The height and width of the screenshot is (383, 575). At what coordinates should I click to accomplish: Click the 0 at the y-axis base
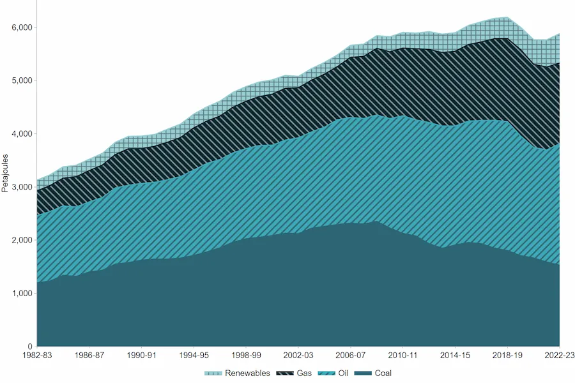tap(29, 347)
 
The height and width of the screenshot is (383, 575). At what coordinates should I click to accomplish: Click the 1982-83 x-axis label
tap(37, 355)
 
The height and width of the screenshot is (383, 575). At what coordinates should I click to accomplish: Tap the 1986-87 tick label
tap(89, 355)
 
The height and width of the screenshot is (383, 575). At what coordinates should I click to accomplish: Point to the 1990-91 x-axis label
tap(142, 355)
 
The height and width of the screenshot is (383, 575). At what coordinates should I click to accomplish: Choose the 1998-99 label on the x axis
tap(246, 355)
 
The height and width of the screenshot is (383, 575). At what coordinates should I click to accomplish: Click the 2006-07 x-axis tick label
tap(351, 355)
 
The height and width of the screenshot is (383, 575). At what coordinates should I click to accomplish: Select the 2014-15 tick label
tap(455, 355)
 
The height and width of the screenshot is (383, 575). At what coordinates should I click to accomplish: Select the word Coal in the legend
tap(383, 373)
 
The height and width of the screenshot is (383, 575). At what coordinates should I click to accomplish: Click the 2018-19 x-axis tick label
tap(507, 355)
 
